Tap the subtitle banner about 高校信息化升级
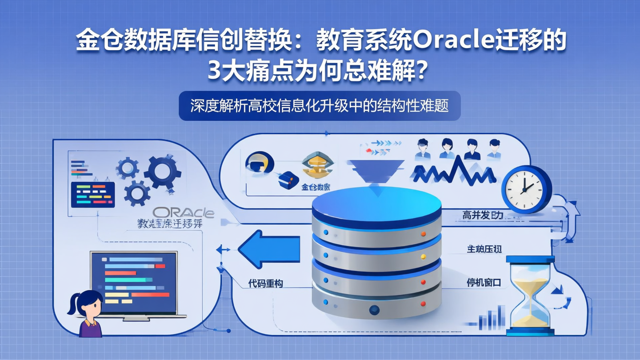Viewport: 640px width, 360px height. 320,106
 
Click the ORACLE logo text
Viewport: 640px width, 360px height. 183,212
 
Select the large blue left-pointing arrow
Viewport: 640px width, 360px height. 269,248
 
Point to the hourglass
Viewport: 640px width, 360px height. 530,295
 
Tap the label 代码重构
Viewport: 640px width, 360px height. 266,283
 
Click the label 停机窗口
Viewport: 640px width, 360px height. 484,282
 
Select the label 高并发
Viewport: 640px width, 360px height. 482,216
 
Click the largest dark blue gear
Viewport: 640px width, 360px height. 162,171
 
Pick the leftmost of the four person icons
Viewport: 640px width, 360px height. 422,149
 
